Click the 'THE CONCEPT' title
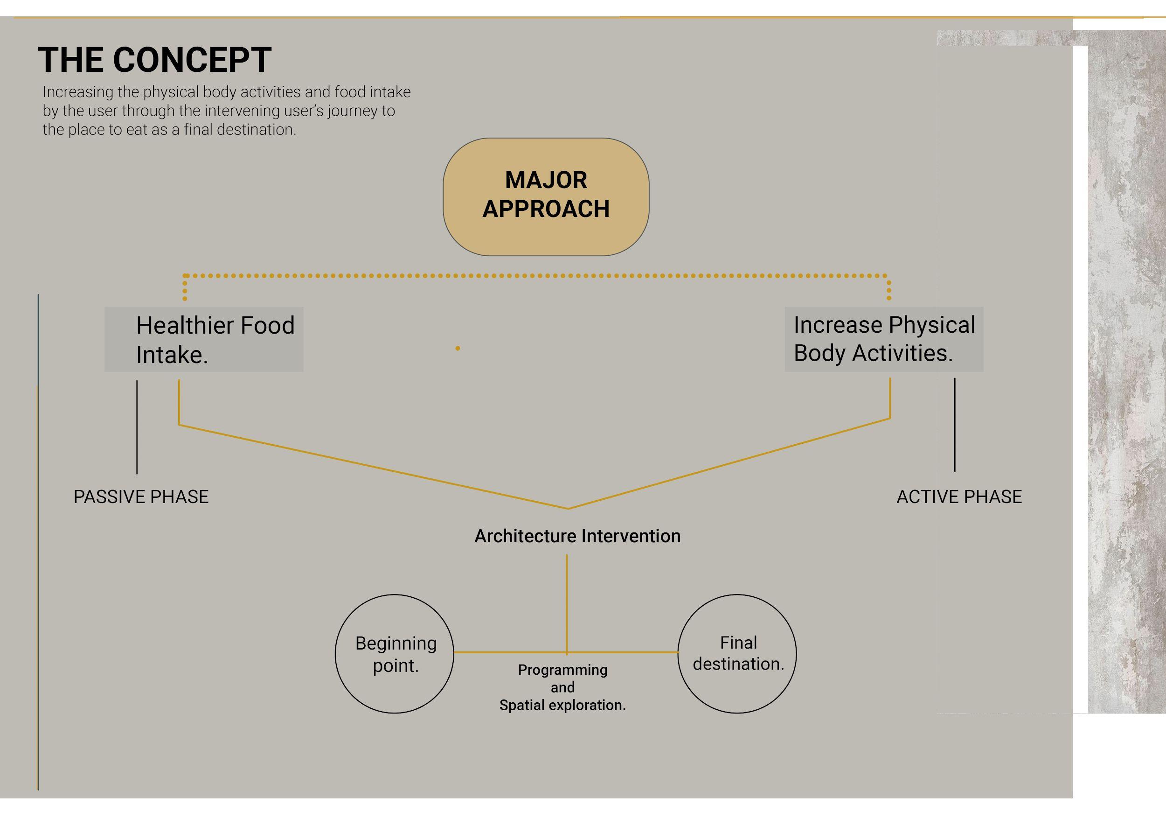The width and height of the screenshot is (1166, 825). [154, 60]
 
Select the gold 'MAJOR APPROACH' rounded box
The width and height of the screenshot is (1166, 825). [546, 196]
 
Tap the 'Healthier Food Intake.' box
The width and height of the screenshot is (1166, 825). [204, 339]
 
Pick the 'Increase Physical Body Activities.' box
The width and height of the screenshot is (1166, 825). [884, 339]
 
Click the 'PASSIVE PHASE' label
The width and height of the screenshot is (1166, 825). [141, 496]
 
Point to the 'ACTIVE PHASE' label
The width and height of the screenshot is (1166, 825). [959, 496]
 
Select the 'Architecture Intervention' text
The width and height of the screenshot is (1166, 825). [577, 536]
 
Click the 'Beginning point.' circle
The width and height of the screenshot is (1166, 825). [395, 654]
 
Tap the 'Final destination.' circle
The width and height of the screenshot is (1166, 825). [737, 654]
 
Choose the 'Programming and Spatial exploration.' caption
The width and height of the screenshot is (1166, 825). [562, 687]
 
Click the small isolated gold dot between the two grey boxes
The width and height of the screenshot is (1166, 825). [458, 349]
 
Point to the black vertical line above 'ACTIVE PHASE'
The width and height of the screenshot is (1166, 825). [955, 425]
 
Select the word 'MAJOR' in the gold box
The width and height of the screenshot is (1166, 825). [546, 180]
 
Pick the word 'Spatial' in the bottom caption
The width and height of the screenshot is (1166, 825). [521, 705]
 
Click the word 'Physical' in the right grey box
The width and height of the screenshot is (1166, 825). [932, 325]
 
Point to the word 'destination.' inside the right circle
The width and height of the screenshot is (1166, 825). [738, 664]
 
